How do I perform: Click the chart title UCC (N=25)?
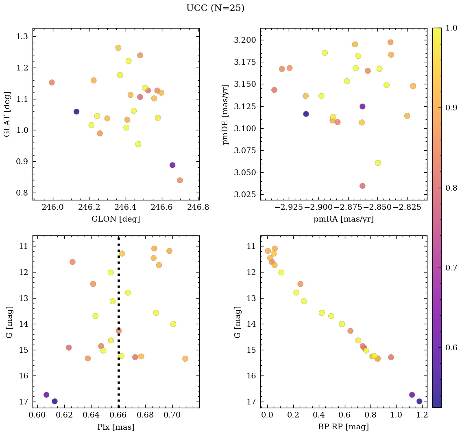tap(215, 8)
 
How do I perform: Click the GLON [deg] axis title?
tap(116, 219)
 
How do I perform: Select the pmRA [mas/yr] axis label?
tap(344, 219)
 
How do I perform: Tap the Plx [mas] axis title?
tap(116, 427)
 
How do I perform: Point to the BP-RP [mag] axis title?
tap(344, 427)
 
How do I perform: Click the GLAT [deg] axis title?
tap(7, 114)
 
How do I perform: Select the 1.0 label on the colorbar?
tap(451, 28)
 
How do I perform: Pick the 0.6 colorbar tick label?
tap(451, 348)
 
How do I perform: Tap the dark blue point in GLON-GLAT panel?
tap(76, 112)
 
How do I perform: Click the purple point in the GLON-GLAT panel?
tap(172, 165)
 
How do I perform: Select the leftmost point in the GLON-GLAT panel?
tap(52, 82)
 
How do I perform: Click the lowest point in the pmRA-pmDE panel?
tap(362, 186)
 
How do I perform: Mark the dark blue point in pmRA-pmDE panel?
tap(306, 114)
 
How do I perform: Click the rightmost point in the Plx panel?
tap(185, 359)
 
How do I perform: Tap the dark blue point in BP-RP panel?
tap(419, 401)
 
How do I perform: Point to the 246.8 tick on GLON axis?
tap(198, 207)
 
